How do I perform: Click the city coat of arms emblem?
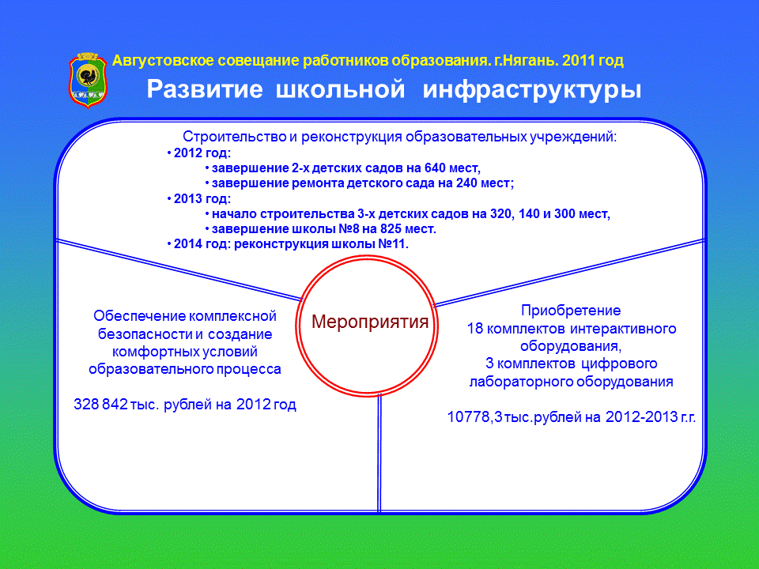point(88,80)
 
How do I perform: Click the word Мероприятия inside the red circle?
point(370,322)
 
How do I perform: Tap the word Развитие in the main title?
point(204,89)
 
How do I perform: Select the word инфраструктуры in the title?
point(531,90)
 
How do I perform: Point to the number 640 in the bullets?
point(435,168)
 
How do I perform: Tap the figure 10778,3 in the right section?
point(475,416)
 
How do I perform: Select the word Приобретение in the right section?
point(571,310)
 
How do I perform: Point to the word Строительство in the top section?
point(235,137)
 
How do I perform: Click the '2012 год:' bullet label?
point(202,153)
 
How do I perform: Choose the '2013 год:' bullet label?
point(202,198)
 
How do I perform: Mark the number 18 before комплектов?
point(475,329)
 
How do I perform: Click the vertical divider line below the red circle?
point(379,453)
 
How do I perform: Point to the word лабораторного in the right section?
point(523,381)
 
